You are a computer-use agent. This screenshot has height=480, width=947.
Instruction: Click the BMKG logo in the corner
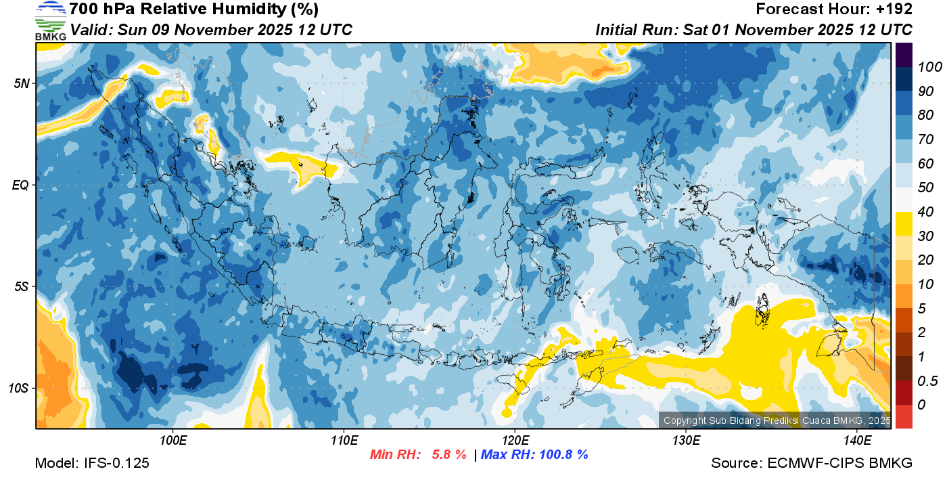(50, 20)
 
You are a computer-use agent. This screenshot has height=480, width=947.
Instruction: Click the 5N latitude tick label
(22, 84)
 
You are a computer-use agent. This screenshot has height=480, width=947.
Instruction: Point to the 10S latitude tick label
(19, 389)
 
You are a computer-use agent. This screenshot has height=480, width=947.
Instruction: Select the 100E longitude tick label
(173, 441)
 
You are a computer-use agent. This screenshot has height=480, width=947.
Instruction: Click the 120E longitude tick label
(515, 441)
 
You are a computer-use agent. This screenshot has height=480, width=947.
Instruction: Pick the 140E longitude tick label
(857, 441)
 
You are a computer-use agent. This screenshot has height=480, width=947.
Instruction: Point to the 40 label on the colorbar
(925, 212)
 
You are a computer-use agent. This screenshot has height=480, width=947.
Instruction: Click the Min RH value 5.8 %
(448, 455)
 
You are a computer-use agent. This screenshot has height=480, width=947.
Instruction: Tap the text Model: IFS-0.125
(92, 464)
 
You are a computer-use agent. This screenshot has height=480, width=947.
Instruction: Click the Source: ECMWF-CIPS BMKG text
(812, 464)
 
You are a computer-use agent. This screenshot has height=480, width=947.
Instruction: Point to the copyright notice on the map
(777, 420)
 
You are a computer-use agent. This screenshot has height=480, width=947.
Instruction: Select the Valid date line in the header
(211, 30)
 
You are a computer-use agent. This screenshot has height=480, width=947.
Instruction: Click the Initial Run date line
(754, 30)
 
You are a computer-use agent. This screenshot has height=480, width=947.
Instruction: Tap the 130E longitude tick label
(686, 441)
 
